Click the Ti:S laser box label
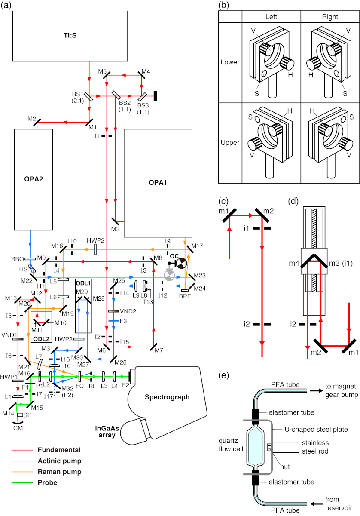70,35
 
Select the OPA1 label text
158,183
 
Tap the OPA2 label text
34,179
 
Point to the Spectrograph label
167,397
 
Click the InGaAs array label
107,431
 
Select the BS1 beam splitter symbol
88,97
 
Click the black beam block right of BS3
156,96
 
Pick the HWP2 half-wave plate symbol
95,249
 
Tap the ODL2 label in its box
41,339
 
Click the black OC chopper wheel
181,263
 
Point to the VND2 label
128,311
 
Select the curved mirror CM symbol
18,422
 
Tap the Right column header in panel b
330,17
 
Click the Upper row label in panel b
230,143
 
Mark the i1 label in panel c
247,228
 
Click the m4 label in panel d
294,263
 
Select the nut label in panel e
285,467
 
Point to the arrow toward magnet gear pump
316,390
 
